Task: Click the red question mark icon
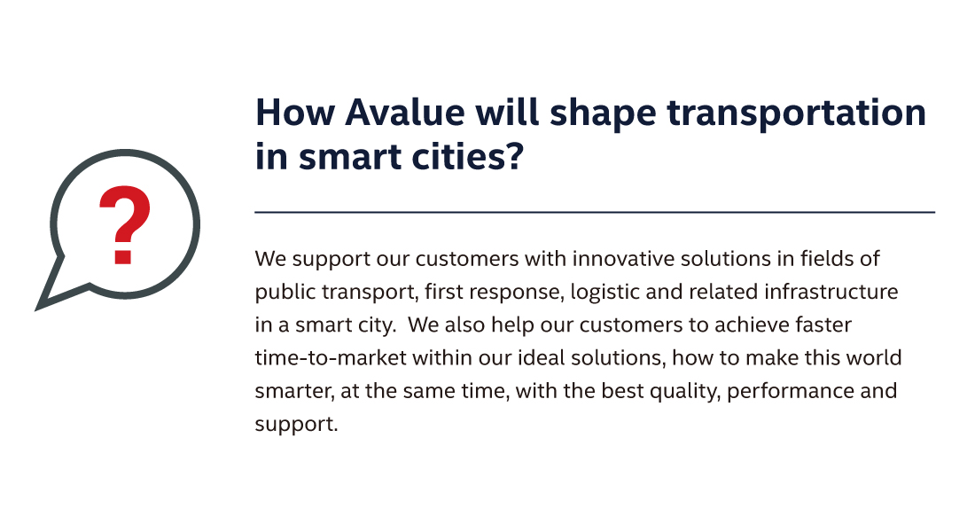124,224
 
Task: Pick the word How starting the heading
295,113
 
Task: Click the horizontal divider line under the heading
595,212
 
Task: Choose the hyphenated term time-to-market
331,358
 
